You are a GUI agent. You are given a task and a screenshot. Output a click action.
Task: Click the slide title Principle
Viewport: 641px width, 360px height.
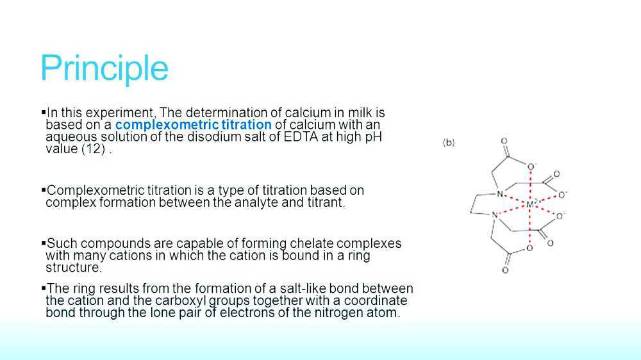[104, 69]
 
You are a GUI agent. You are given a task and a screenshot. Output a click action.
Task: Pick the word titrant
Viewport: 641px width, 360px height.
[324, 203]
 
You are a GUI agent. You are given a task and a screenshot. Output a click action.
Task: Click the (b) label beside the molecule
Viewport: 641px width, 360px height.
[449, 143]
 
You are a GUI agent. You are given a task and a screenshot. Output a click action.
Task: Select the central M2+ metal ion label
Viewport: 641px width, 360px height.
[532, 204]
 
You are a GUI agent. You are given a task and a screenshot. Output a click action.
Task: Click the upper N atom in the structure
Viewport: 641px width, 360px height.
[499, 194]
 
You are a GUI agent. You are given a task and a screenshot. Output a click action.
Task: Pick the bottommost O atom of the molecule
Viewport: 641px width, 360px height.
[505, 270]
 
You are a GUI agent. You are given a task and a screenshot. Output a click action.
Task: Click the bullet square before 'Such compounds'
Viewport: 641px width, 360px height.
[44, 243]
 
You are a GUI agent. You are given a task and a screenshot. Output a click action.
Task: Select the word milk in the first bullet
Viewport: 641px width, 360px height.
[359, 113]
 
